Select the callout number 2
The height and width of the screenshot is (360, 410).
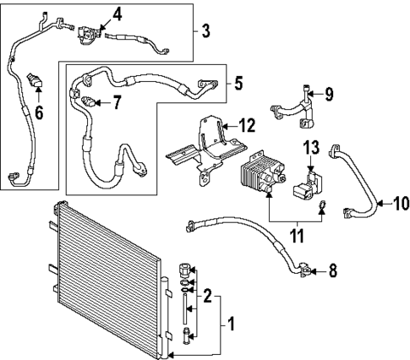point(205,295)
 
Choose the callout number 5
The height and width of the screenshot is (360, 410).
point(238,83)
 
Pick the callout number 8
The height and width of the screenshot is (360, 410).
point(332,271)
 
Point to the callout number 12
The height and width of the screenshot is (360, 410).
point(246,125)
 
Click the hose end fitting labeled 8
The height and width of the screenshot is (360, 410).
point(304,271)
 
